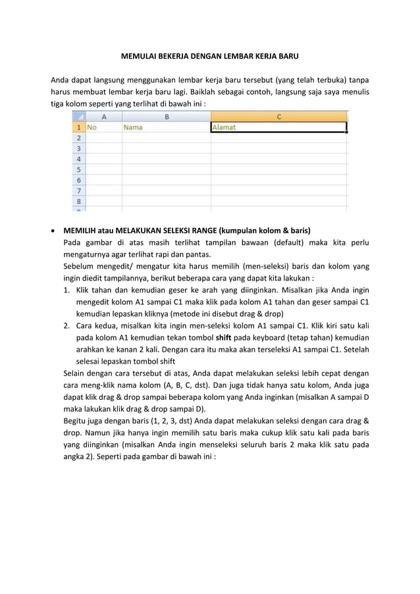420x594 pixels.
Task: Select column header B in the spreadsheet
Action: [166, 117]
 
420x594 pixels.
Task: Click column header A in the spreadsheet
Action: [103, 117]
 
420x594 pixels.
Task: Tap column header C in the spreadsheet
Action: [278, 117]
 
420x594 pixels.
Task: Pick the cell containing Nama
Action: [166, 128]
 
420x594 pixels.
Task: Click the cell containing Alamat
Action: [278, 128]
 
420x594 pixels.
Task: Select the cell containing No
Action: [103, 128]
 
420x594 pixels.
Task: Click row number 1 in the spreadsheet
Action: [79, 128]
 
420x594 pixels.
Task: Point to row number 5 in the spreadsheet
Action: [79, 169]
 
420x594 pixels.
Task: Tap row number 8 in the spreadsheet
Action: [79, 200]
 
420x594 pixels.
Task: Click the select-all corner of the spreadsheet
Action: [79, 117]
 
